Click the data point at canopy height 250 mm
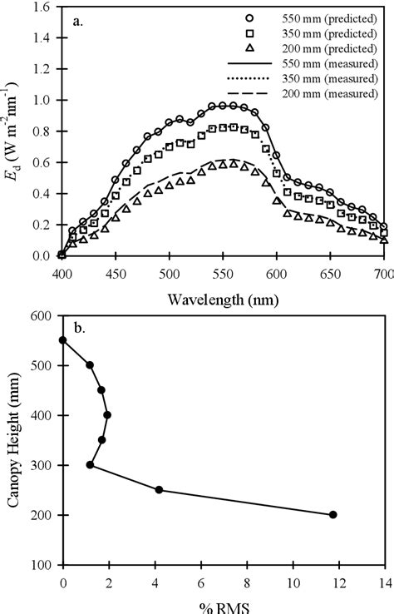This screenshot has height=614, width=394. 159,490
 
